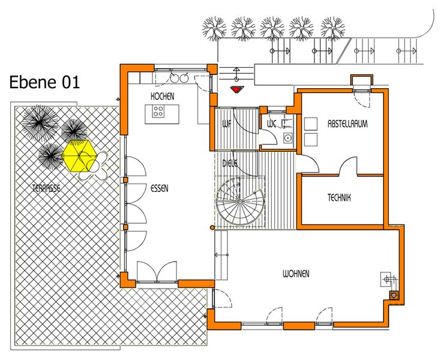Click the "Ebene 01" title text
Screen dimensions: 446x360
coord(44,82)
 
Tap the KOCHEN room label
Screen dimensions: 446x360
coord(162,97)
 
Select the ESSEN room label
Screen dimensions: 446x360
coord(159,188)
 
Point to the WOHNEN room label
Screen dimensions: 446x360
coord(296,274)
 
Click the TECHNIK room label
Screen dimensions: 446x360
coord(339,197)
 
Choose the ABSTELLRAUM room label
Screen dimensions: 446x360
coord(348,124)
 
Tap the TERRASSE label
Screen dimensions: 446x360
coord(46,188)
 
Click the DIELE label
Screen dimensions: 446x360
coord(229,164)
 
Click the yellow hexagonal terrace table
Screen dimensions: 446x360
coord(80,156)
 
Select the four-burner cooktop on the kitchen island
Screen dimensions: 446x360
coord(158,111)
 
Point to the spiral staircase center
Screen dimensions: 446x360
coord(240,201)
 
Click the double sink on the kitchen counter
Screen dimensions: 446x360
coord(179,77)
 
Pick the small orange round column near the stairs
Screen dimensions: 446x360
coord(212,227)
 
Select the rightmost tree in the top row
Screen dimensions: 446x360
coord(333,28)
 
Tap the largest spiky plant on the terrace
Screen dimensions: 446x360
coord(40,123)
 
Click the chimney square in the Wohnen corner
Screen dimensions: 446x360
coord(394,296)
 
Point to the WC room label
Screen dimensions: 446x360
coord(272,124)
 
